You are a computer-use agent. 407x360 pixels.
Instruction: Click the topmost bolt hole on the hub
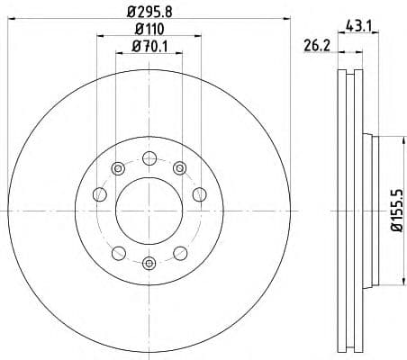[x=149, y=157]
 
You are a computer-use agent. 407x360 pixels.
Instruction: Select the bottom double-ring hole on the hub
[x=149, y=263]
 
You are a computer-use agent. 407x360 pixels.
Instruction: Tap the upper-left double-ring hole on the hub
[x=117, y=167]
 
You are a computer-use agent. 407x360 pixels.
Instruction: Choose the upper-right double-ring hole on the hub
[x=181, y=167]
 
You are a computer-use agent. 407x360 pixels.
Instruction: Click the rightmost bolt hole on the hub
[x=201, y=193]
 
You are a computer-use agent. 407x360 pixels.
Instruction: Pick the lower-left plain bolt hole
[x=117, y=251]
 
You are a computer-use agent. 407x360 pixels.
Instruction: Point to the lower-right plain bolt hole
[x=181, y=251]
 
